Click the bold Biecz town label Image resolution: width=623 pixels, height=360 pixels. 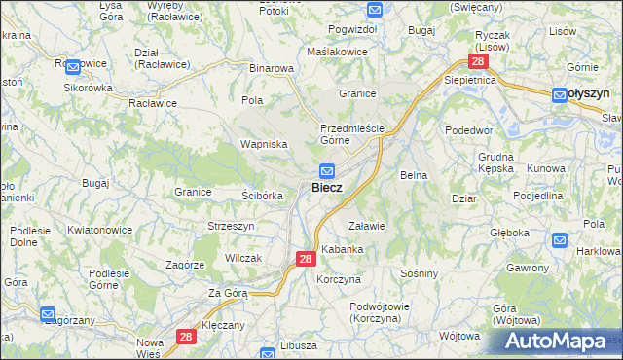[x=326, y=187]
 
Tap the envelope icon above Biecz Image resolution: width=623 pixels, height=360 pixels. [x=328, y=168]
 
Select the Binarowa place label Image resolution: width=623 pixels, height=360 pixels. [x=272, y=69]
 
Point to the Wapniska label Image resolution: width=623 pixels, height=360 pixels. [x=263, y=143]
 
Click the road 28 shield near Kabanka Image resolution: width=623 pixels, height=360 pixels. [x=305, y=259]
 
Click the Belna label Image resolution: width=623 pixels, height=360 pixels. [x=415, y=175]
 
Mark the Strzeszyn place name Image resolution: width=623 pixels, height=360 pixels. [x=231, y=226]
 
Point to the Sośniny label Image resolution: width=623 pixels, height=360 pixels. [x=420, y=273]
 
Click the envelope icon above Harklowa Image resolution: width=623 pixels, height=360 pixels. [x=560, y=240]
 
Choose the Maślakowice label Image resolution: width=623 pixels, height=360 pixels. [x=337, y=51]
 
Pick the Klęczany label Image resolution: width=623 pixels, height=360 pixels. [x=224, y=324]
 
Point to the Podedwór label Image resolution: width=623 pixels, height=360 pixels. [x=469, y=130]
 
